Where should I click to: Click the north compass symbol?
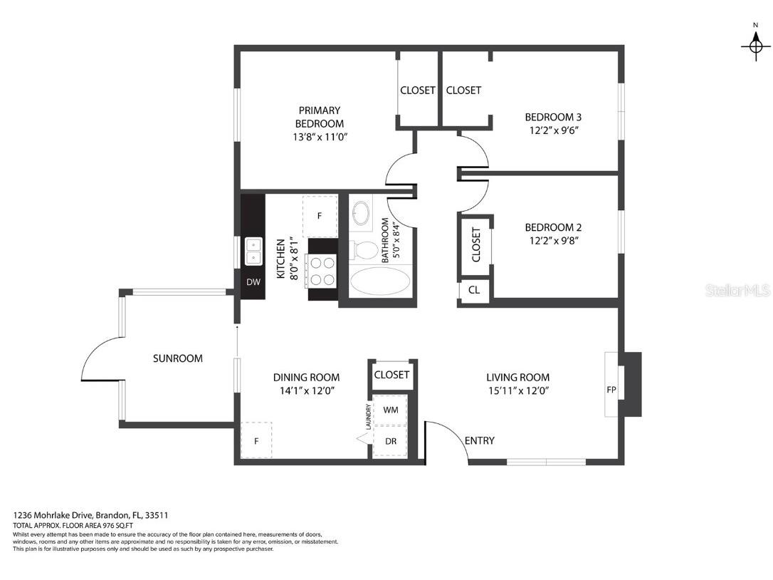tap(755, 46)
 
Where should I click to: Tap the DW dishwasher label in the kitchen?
tap(253, 282)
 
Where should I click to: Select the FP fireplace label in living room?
tap(611, 390)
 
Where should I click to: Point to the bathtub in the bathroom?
tap(379, 283)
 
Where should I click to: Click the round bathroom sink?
tap(362, 214)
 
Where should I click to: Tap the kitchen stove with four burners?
tap(322, 271)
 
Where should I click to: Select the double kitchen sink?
tap(253, 251)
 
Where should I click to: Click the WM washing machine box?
tap(390, 410)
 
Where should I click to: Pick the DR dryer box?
tap(390, 442)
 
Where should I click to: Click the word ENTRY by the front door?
tap(479, 441)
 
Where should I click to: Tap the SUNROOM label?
tap(178, 358)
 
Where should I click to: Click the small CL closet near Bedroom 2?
tap(474, 290)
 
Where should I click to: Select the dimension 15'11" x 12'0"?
tap(518, 390)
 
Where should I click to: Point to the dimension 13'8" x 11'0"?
tap(320, 137)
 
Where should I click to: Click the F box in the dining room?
tap(256, 442)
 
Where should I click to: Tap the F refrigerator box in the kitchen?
tap(320, 215)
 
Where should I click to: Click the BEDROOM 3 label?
tap(553, 117)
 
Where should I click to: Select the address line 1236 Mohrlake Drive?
tap(91, 515)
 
